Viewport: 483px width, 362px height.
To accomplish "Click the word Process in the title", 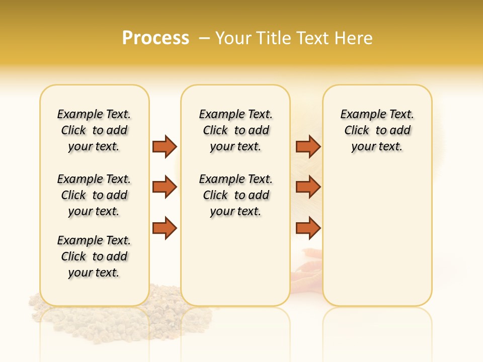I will coord(155,38).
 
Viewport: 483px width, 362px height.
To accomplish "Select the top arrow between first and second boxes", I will coord(165,146).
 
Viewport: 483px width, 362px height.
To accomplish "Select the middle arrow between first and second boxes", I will coord(165,187).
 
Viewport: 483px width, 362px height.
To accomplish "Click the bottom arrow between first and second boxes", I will coord(165,228).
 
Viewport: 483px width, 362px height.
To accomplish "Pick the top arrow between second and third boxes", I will coord(308,146).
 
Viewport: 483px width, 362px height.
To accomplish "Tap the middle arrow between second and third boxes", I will coord(308,187).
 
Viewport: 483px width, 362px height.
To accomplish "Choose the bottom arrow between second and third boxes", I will coord(308,228).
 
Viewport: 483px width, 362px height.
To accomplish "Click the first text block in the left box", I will coord(94,130).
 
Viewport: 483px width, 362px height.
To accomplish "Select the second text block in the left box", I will coord(94,195).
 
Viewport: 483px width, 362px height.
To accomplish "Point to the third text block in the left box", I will coord(94,256).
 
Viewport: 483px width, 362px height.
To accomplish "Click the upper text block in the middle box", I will coord(235,130).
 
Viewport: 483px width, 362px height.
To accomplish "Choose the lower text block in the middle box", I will coord(235,195).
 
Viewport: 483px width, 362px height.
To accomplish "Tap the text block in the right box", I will coord(377,130).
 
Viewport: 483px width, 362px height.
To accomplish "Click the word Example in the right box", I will coord(359,115).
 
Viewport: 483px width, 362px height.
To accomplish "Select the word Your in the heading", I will coord(233,38).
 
